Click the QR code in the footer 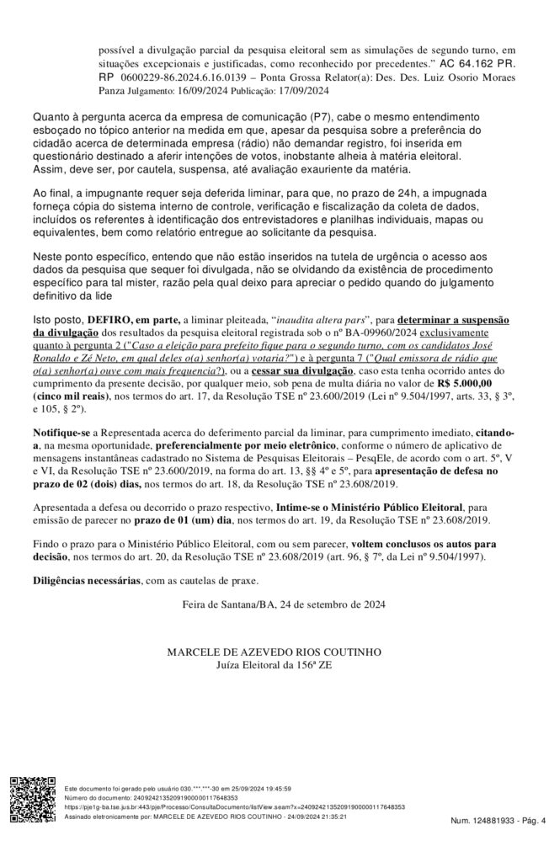click(x=33, y=801)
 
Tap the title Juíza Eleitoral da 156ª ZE click(x=274, y=666)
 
